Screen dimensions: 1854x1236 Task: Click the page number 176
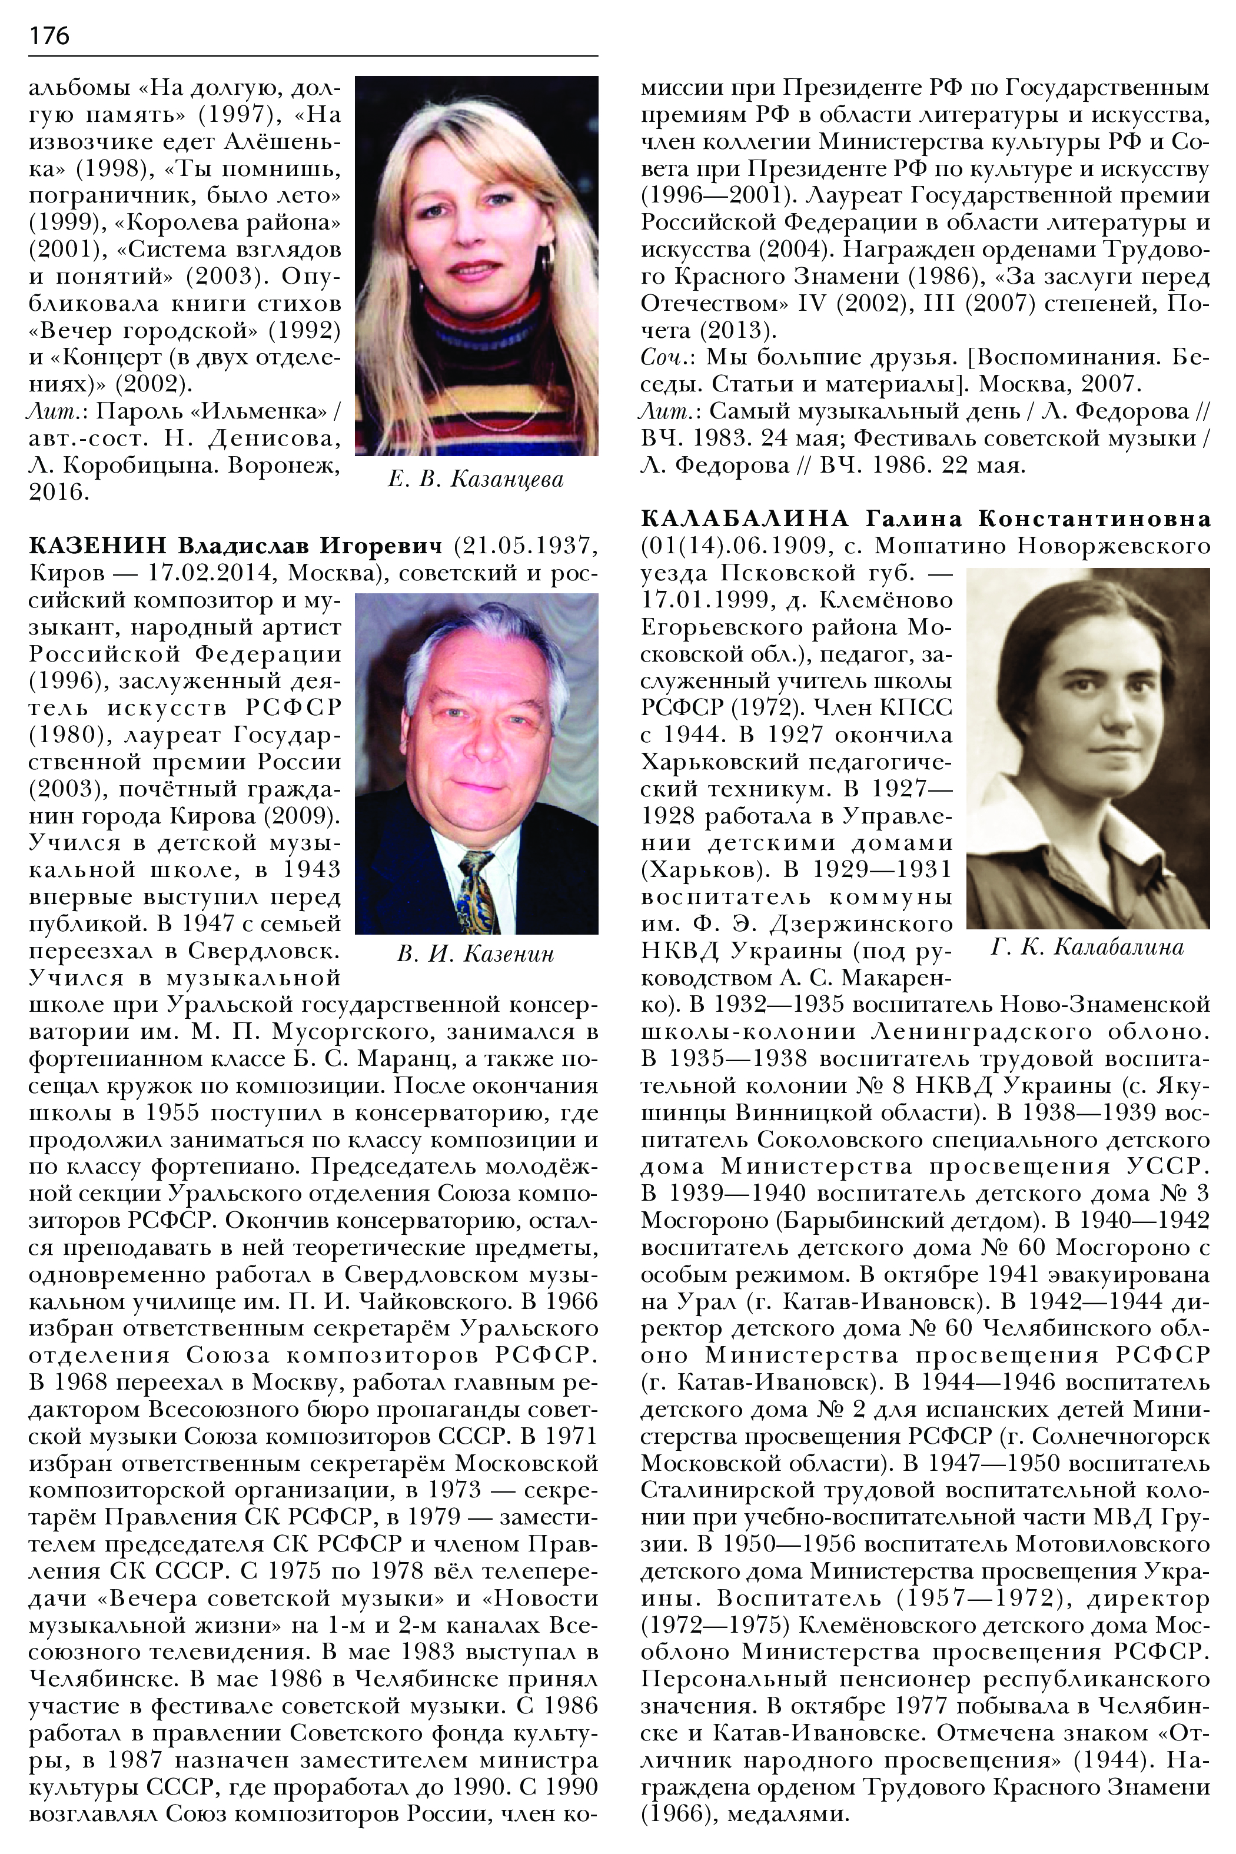[x=49, y=35]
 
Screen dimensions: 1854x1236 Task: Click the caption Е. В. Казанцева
[x=476, y=479]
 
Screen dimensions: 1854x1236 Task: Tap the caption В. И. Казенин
[x=476, y=954]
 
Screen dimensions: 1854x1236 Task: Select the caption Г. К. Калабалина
[x=1087, y=946]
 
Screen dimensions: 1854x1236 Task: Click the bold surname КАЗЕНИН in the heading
[x=98, y=546]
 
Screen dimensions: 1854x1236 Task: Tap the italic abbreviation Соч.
[x=667, y=358]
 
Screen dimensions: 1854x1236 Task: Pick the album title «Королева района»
[x=228, y=223]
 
